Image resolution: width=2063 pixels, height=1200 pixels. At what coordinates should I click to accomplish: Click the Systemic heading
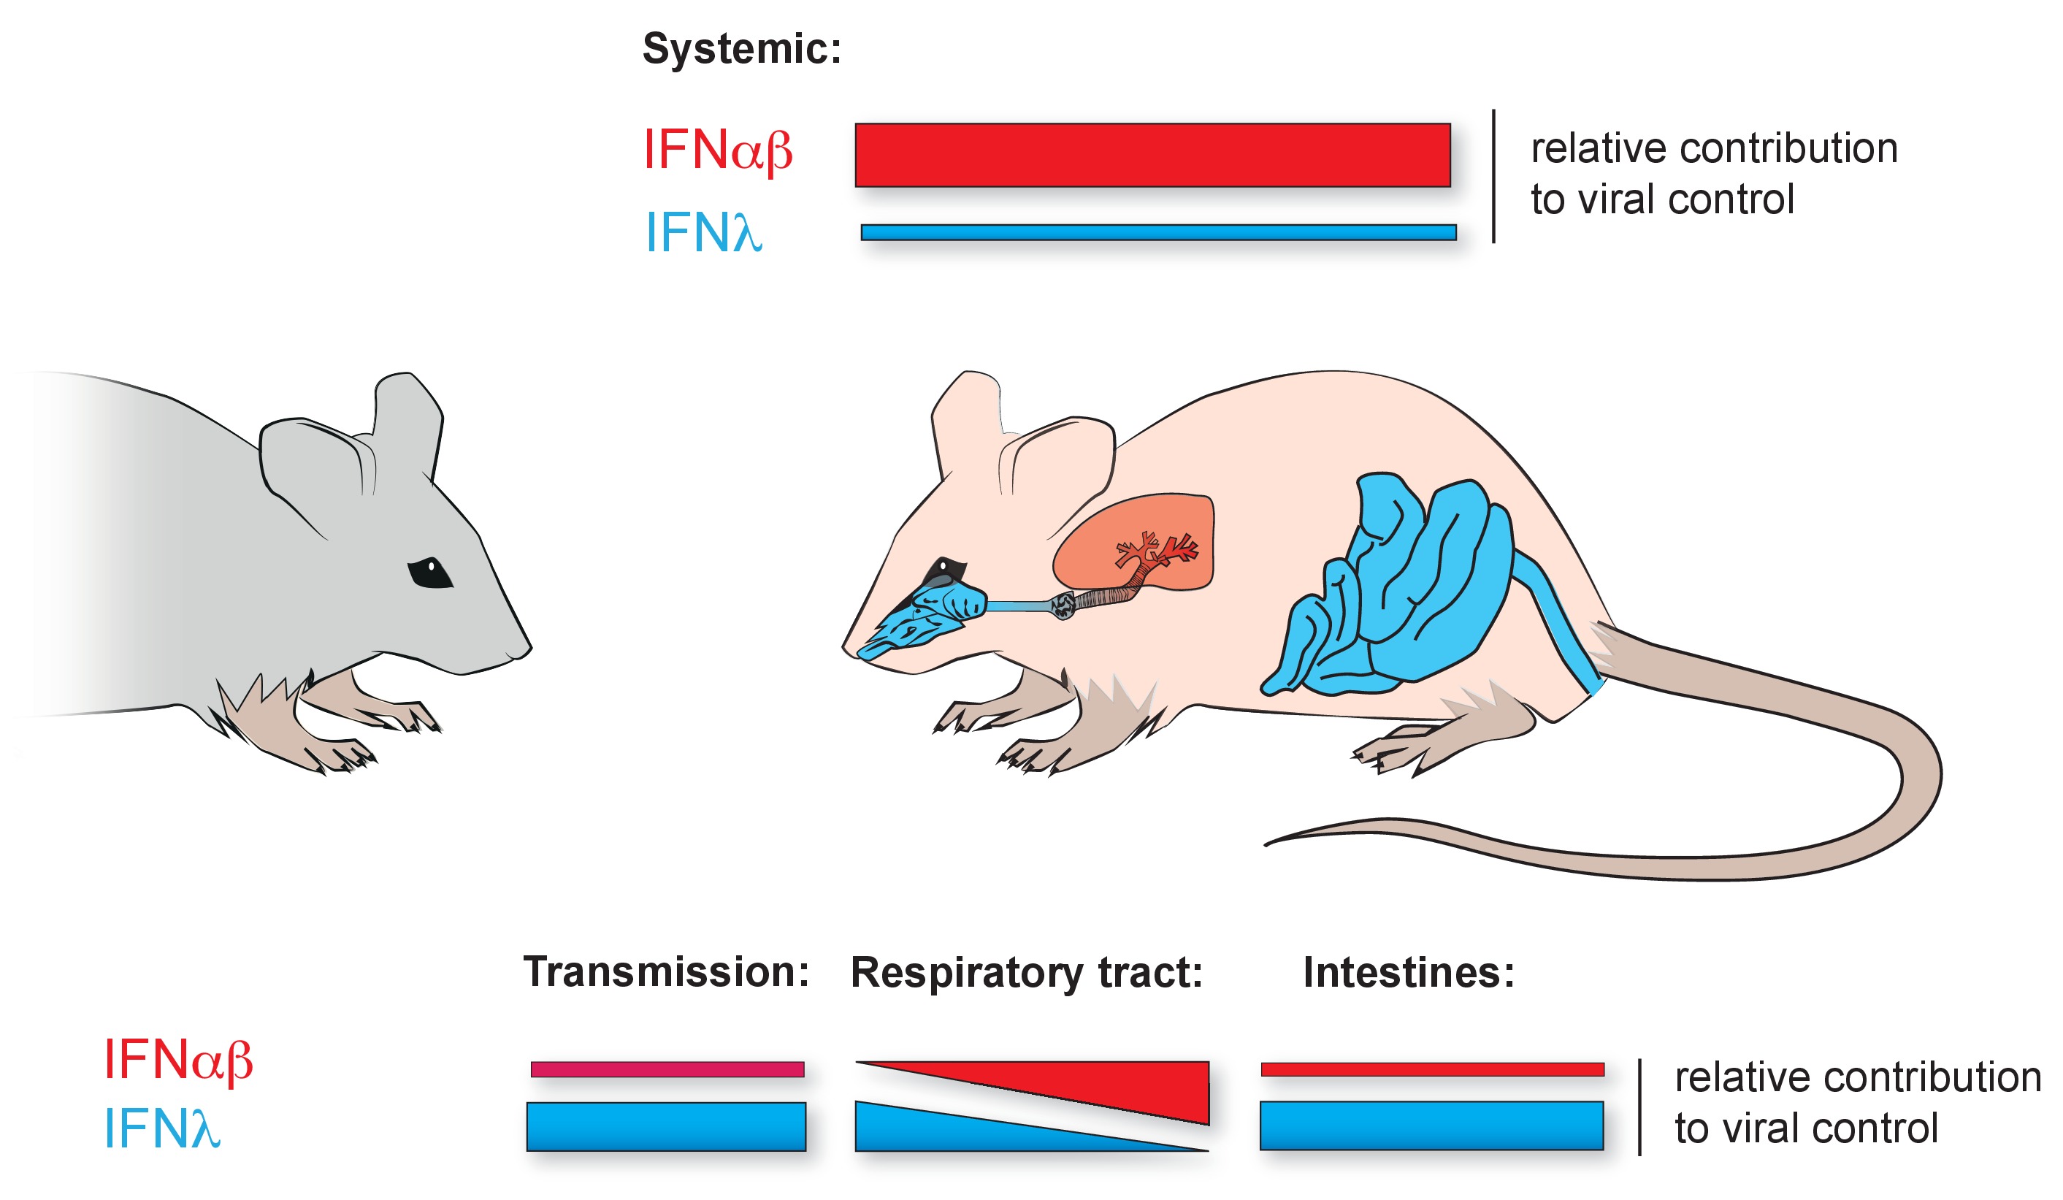[741, 49]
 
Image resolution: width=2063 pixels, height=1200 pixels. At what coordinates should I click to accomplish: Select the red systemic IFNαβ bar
[1152, 155]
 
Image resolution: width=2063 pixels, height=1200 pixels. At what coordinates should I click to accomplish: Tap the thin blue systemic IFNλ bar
[1157, 232]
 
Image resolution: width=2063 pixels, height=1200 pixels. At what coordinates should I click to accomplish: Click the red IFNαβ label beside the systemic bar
[717, 150]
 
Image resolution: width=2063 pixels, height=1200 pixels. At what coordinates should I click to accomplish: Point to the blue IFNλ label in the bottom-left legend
[162, 1128]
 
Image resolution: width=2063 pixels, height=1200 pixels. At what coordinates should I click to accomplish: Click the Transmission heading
[665, 971]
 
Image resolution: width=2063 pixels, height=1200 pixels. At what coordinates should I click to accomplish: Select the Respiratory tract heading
[1026, 972]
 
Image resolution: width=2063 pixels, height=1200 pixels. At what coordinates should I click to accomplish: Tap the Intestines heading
[1408, 972]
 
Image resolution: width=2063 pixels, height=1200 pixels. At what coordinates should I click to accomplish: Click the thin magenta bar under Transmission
[667, 1069]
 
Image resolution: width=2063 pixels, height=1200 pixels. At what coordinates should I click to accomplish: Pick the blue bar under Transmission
[665, 1126]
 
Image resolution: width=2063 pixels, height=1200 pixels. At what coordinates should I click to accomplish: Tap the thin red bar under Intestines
[1432, 1069]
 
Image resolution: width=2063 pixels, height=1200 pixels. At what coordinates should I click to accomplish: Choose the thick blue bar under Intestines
[1431, 1126]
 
